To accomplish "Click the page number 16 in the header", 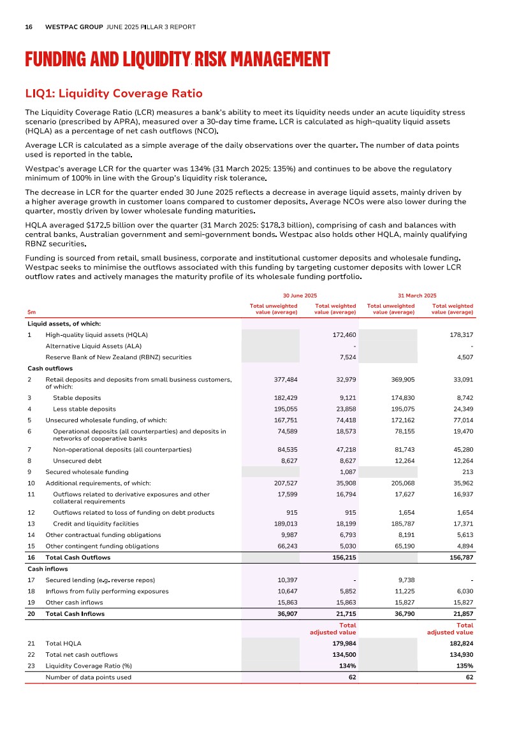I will (29, 27).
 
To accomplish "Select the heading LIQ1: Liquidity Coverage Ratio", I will (113, 94).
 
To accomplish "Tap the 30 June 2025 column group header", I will (300, 296).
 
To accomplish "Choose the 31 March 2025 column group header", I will (417, 296).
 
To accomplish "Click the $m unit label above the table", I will (31, 312).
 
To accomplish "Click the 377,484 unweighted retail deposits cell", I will (285, 380).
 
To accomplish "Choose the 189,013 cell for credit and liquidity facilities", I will (285, 524).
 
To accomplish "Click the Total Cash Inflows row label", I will (75, 614).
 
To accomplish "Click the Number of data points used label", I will (88, 677).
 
